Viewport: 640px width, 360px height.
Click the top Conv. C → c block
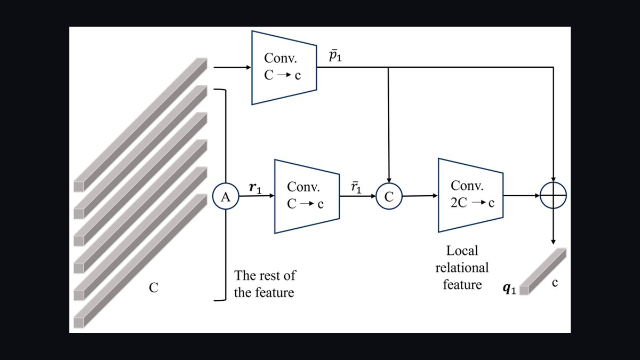[284, 68]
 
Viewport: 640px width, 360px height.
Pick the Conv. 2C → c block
[470, 195]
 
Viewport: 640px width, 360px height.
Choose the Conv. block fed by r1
[307, 196]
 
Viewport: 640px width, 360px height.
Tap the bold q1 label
[509, 289]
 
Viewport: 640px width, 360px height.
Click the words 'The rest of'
[265, 275]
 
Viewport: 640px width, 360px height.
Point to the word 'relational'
[462, 268]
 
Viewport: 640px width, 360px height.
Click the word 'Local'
[462, 251]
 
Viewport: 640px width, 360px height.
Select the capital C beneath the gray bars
[154, 287]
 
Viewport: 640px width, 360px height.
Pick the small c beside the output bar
[555, 283]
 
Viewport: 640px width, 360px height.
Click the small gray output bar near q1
[542, 271]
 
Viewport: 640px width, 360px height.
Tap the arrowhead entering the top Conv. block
[249, 67]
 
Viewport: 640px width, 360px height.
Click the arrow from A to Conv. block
[257, 196]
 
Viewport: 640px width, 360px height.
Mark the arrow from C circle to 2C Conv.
[420, 196]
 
